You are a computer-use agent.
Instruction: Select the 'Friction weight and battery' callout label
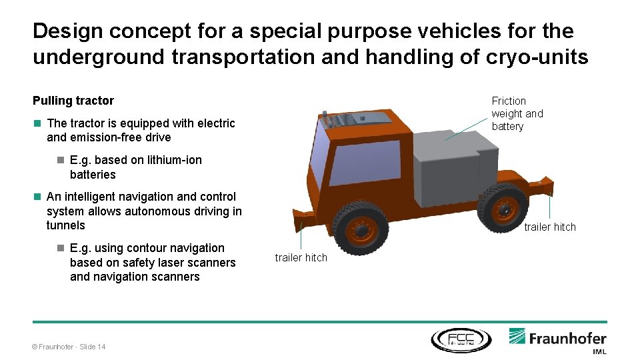click(517, 113)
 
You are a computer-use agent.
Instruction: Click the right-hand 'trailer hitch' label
click(549, 227)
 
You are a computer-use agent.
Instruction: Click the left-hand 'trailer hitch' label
click(301, 257)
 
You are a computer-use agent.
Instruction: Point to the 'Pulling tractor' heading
click(73, 101)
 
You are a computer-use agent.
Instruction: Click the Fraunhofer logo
click(557, 337)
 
